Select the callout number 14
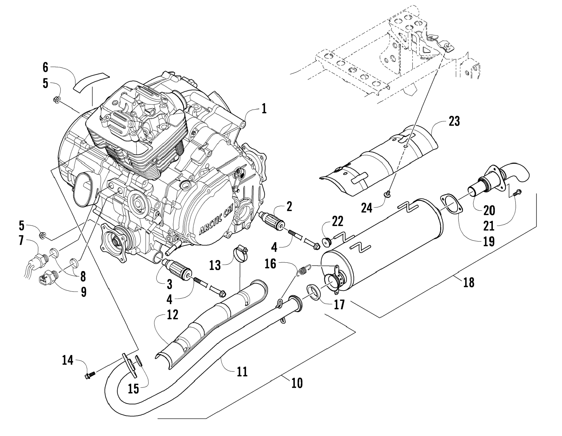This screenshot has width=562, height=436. point(67,360)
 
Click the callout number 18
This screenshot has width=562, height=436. point(468,283)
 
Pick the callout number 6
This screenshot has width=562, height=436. point(45,67)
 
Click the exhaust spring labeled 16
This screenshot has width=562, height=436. point(304,271)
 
